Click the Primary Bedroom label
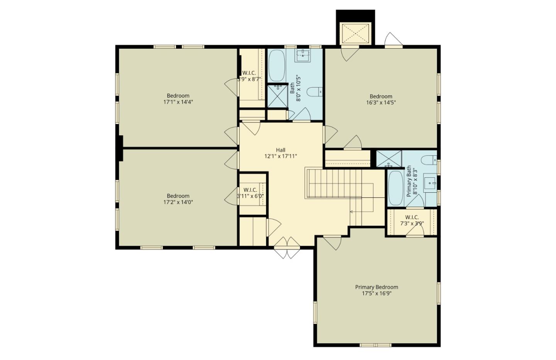(376, 287)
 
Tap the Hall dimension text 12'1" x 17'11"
(281, 156)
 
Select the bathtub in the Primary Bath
(395, 188)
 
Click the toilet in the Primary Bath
(429, 159)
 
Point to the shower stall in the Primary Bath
(389, 159)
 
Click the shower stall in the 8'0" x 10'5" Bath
(277, 96)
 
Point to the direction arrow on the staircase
(352, 212)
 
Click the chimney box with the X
(355, 33)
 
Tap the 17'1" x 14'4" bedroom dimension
(178, 102)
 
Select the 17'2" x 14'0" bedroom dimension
(178, 202)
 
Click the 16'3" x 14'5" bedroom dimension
(381, 103)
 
